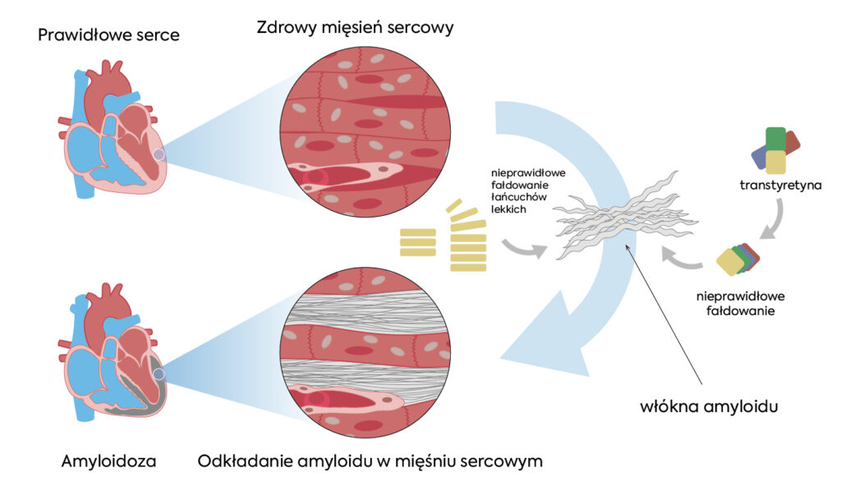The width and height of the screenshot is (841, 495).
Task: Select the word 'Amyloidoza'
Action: [x=108, y=461]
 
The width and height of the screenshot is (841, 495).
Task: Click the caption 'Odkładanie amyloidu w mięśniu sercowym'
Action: [x=370, y=461]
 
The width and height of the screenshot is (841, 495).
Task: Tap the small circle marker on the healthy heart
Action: [x=159, y=154]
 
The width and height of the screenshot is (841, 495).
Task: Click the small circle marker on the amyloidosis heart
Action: [x=159, y=374]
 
